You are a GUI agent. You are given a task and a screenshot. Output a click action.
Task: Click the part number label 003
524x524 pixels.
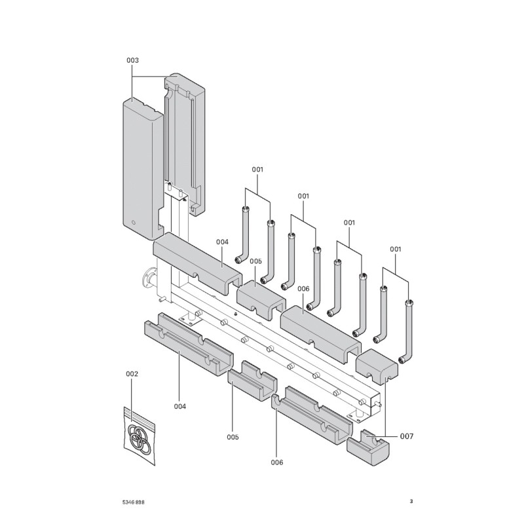(x=132, y=60)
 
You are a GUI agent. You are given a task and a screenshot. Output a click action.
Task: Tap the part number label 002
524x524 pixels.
(x=132, y=374)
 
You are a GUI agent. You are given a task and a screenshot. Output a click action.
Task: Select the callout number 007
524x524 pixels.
(x=407, y=436)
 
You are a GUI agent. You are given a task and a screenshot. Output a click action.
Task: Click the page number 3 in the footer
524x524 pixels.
(x=411, y=502)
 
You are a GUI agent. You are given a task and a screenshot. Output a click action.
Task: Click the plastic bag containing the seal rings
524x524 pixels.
(x=140, y=435)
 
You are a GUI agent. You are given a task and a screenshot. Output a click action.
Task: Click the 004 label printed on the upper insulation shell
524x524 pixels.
(x=222, y=242)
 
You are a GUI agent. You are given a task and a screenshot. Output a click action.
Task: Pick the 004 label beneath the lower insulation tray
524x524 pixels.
(x=180, y=406)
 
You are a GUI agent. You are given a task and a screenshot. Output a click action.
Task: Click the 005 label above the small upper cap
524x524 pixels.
(x=255, y=261)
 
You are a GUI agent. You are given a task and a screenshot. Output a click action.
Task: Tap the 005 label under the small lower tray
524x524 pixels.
(x=233, y=437)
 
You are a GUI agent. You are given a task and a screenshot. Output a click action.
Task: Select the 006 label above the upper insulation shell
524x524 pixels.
(x=303, y=288)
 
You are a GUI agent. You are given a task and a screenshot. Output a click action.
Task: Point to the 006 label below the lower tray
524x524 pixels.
(x=277, y=462)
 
